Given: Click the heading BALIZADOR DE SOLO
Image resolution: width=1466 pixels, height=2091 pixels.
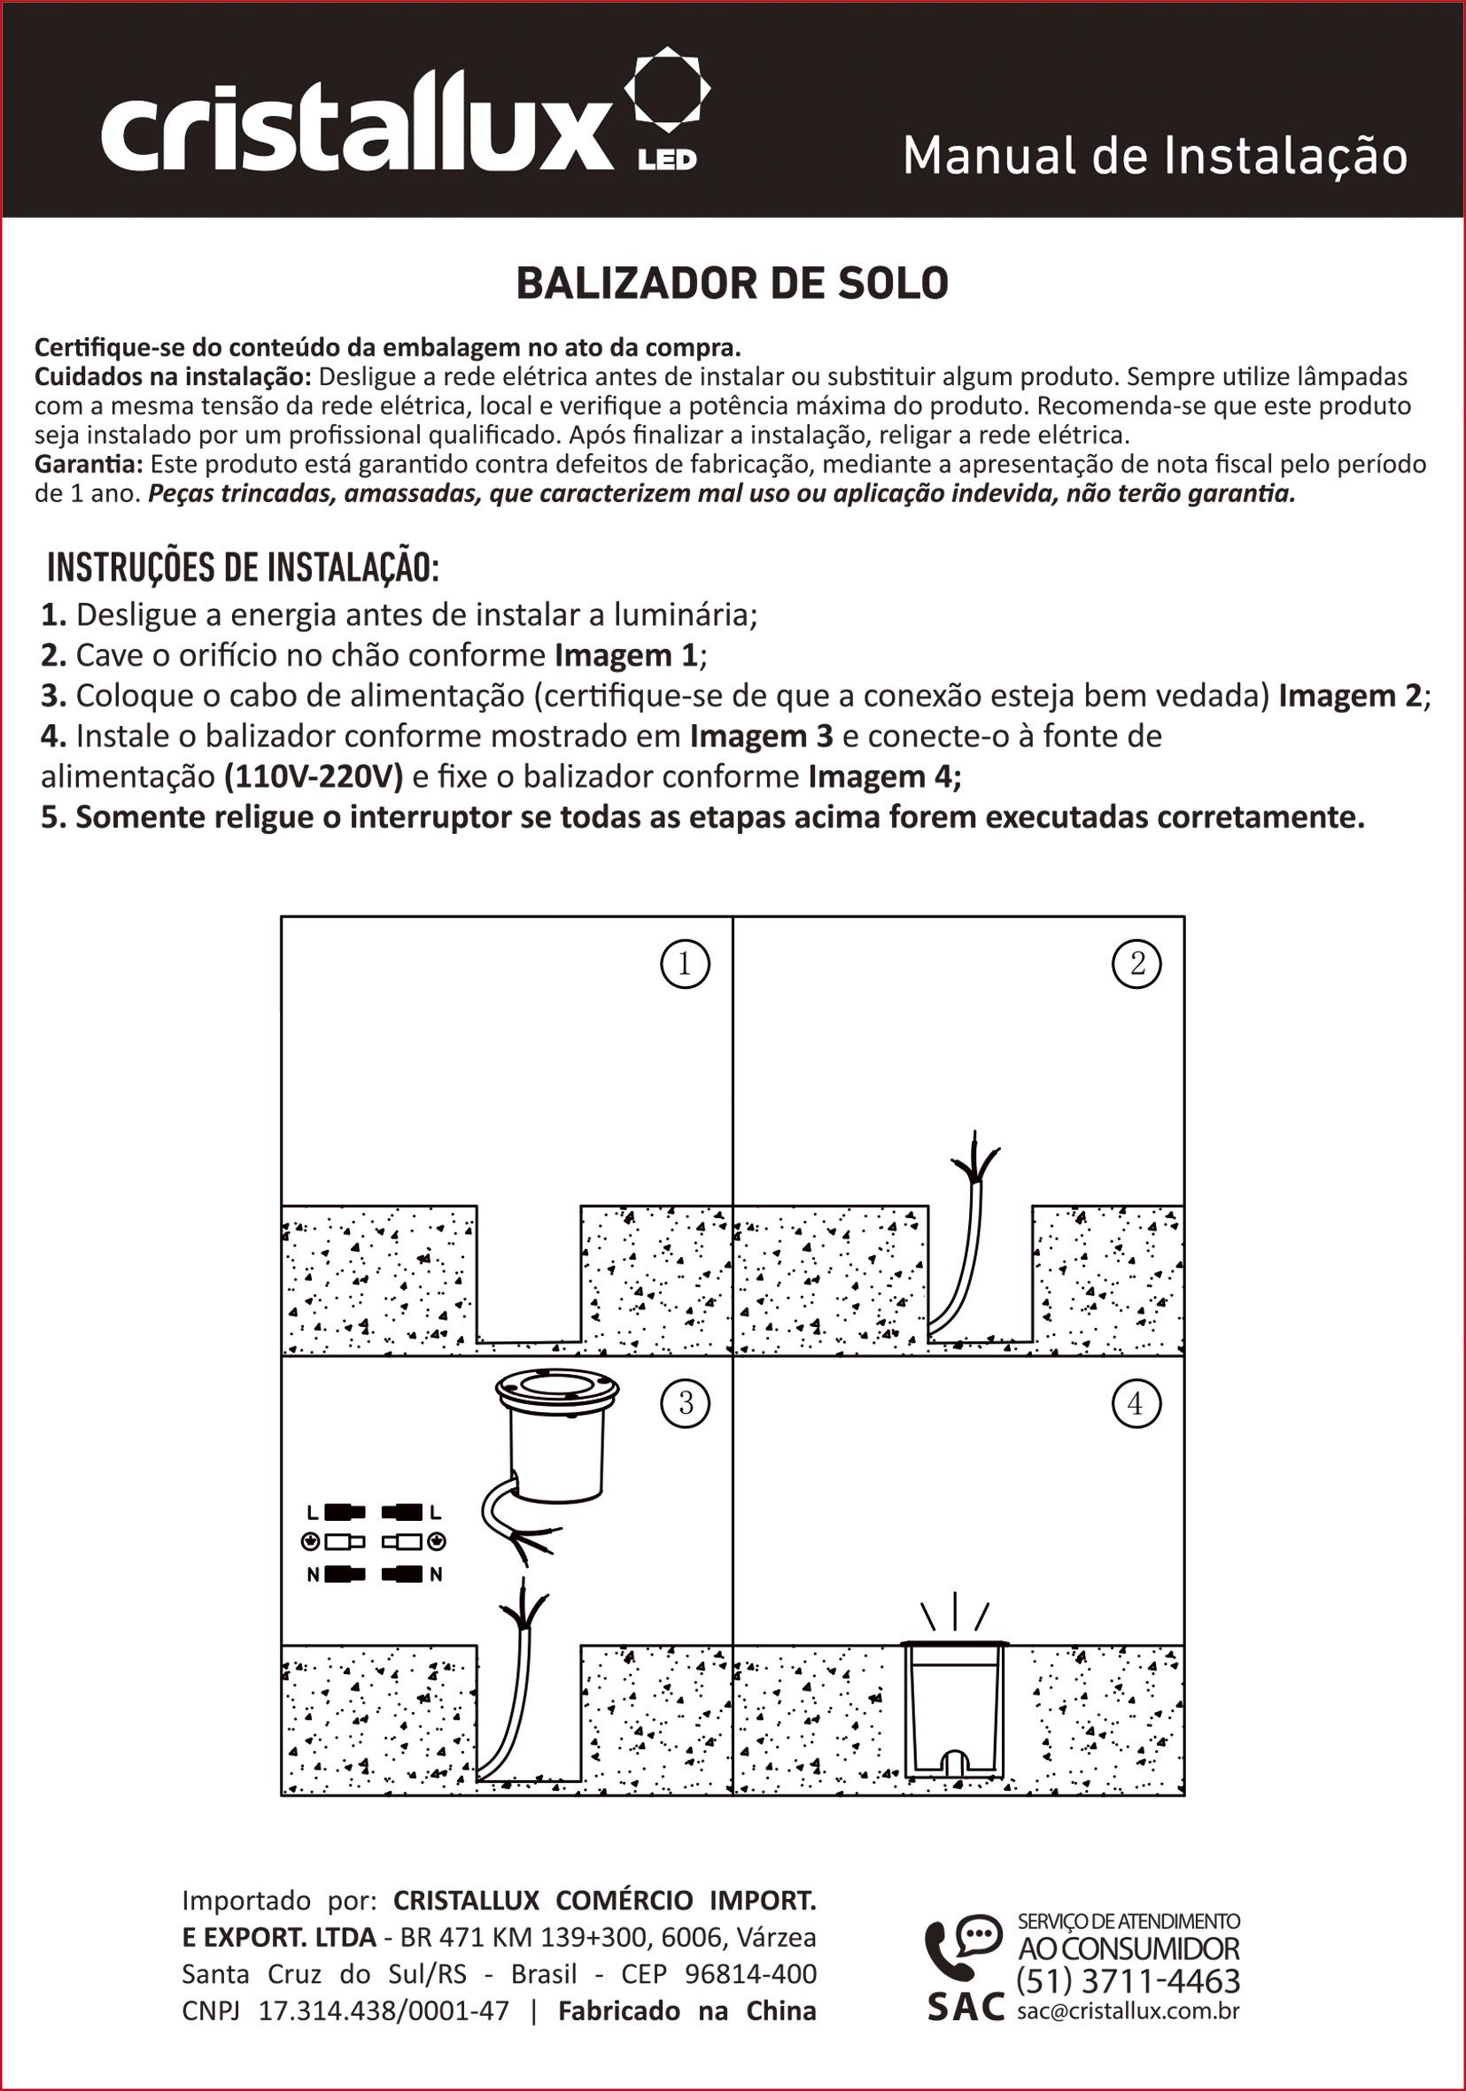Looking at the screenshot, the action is point(733,284).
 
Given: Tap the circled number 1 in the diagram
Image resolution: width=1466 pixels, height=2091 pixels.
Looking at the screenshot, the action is point(684,963).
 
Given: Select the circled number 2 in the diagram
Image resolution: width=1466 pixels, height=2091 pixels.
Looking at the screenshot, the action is point(1137,963).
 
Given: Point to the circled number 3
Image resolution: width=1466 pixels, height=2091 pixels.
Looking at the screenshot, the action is point(685,1402).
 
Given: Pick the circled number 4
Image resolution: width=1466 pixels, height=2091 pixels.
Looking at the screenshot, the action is point(1136,1403).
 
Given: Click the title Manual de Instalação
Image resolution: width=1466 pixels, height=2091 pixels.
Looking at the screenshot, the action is point(1155,156).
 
